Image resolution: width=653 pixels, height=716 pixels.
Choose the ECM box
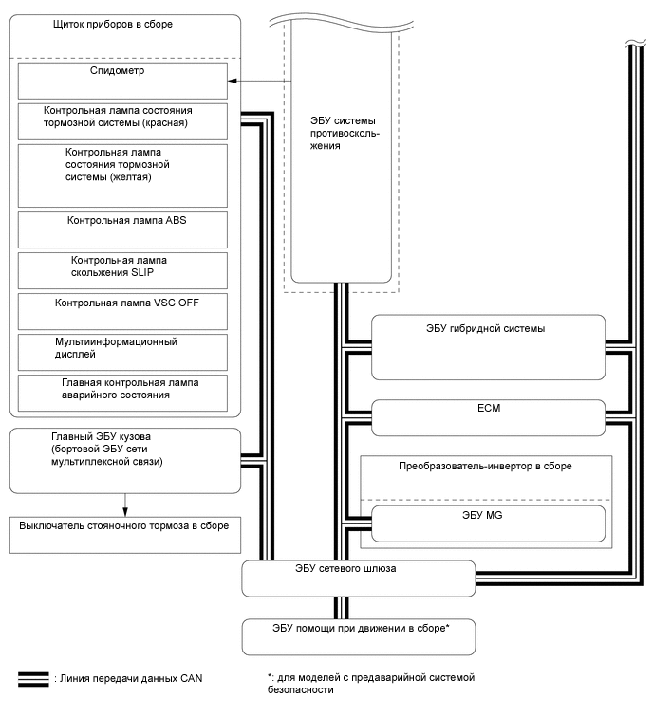click(x=488, y=413)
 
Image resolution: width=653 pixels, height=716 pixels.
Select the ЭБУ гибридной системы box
click(x=488, y=346)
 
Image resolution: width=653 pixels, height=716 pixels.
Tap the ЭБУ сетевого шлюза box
click(x=358, y=576)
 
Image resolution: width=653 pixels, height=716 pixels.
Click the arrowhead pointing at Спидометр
click(x=233, y=83)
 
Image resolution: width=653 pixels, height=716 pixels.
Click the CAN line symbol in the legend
click(x=32, y=679)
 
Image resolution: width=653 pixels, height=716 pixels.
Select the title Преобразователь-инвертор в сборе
click(x=485, y=467)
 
